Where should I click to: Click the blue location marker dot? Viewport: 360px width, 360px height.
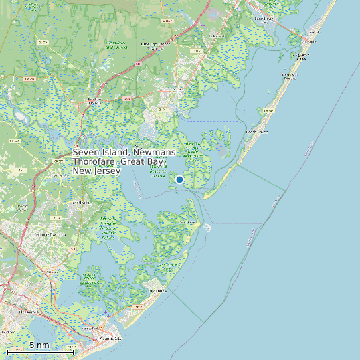179,179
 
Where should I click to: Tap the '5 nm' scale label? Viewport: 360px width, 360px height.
39,345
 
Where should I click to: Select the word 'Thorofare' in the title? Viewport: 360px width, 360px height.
94,162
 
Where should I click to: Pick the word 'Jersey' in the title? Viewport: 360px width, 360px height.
107,171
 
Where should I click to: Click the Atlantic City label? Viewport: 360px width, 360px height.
110,338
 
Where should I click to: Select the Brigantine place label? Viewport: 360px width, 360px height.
157,291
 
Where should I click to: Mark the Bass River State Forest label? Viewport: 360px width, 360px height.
117,45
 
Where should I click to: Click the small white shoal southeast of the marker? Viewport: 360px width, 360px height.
207,227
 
